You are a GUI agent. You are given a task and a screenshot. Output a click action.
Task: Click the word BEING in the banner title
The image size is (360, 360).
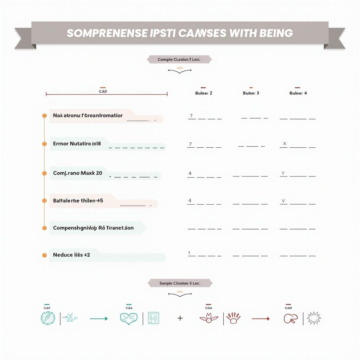[x=276, y=33]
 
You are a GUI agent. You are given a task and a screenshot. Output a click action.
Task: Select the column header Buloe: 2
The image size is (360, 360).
[x=204, y=93]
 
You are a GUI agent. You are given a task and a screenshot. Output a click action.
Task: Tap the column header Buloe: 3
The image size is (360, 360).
[x=251, y=93]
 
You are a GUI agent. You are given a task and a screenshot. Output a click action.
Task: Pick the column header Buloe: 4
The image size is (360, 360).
[x=298, y=93]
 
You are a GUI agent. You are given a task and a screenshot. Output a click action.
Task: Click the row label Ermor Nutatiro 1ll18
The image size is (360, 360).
[x=77, y=144]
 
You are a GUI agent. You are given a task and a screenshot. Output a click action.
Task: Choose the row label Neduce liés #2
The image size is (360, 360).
[x=71, y=255]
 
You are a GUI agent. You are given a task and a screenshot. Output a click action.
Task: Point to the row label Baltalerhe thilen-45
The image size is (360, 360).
[x=78, y=201]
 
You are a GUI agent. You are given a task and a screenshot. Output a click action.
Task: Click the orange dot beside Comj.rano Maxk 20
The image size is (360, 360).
[x=44, y=173]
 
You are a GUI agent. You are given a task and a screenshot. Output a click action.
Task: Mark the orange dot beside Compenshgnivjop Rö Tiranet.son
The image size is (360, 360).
[x=44, y=228]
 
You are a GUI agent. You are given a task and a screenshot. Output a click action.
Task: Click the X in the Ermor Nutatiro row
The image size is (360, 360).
[x=285, y=143]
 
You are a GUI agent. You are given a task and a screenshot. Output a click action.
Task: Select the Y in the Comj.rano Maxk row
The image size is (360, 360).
[x=283, y=173]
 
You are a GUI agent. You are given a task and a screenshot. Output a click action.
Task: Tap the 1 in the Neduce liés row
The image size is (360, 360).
[x=189, y=253]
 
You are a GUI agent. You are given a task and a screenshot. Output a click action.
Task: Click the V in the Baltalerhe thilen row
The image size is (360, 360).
[x=283, y=201]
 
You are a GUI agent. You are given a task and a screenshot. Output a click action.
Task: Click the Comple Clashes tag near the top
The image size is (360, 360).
[x=179, y=60]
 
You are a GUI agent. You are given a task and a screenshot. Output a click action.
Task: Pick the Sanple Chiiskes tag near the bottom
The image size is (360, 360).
[x=180, y=283]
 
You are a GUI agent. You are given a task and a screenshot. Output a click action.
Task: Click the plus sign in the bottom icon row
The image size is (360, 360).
[x=180, y=318]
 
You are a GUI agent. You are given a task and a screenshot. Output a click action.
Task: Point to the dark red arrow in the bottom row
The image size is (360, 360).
[x=261, y=319]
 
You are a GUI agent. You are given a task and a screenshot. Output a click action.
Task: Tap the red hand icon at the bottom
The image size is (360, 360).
[x=233, y=318]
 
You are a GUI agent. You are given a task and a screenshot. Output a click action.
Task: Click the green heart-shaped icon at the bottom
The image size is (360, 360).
[x=129, y=318]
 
